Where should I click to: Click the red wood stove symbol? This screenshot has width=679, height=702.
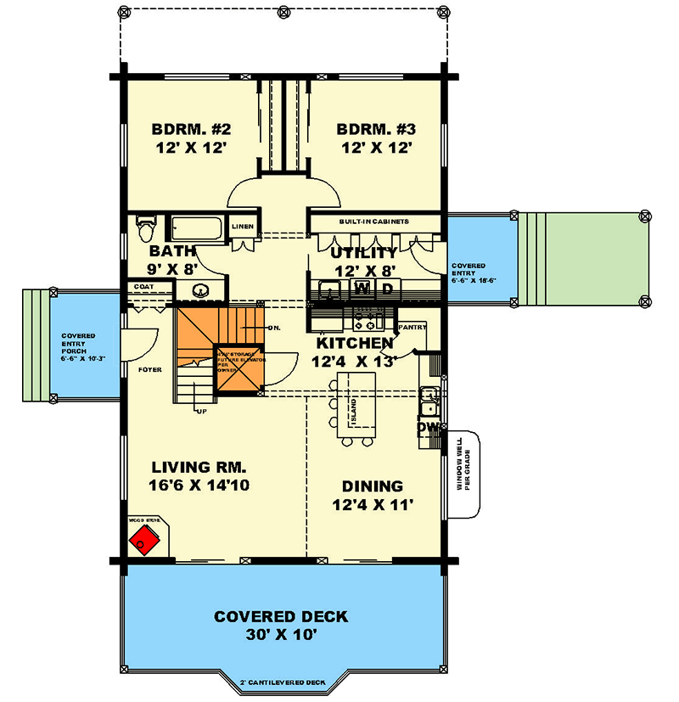click(146, 539)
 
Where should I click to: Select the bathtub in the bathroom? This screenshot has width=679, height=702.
click(195, 229)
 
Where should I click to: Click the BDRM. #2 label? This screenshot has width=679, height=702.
click(192, 130)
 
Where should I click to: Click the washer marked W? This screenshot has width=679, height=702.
click(362, 289)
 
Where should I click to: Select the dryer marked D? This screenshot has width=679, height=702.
click(386, 289)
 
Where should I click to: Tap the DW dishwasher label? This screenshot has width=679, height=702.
click(429, 429)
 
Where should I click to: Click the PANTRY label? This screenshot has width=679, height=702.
click(413, 326)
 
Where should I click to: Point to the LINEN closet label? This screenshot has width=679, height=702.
click(243, 227)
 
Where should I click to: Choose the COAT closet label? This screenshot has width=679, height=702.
click(143, 287)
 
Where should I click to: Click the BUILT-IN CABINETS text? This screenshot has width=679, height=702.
click(374, 222)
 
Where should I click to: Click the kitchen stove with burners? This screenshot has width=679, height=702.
click(369, 322)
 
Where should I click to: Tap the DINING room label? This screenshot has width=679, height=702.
click(372, 486)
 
